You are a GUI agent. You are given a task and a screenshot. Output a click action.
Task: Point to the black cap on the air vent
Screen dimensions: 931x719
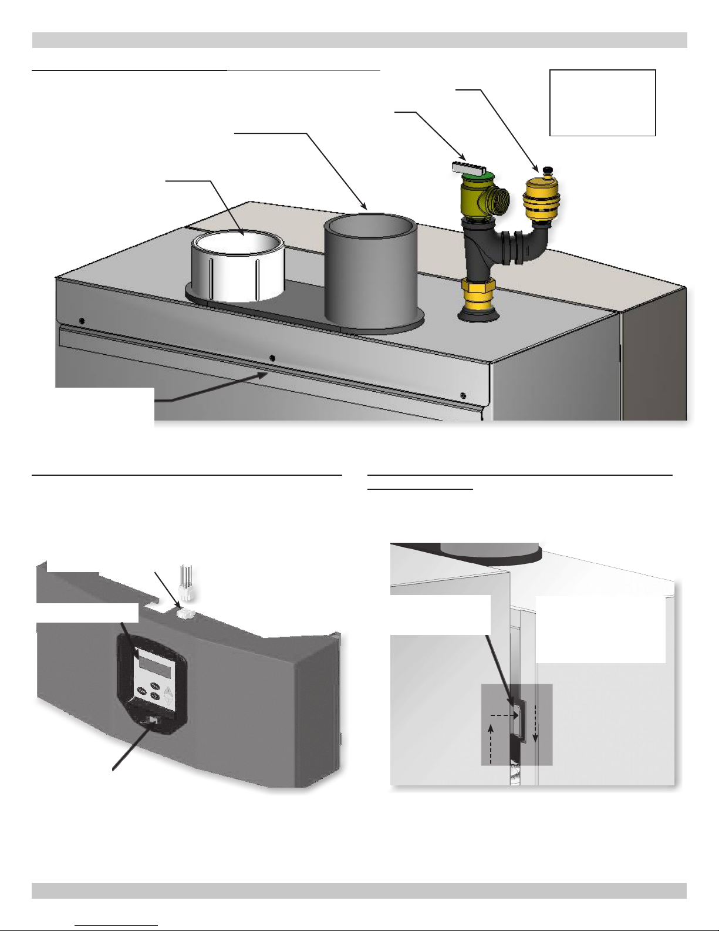548,170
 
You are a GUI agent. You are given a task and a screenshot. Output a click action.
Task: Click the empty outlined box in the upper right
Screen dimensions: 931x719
602,103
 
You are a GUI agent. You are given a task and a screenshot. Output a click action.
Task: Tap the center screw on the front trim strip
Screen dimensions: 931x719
271,358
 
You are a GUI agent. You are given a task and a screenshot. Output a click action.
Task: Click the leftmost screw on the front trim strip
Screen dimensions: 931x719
82,321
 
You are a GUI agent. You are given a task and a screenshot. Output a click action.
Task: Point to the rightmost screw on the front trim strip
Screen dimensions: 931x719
463,395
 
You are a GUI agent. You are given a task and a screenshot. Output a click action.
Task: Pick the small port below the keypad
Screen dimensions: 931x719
153,719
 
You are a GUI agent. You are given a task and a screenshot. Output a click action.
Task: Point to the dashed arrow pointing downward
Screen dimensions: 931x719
535,734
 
